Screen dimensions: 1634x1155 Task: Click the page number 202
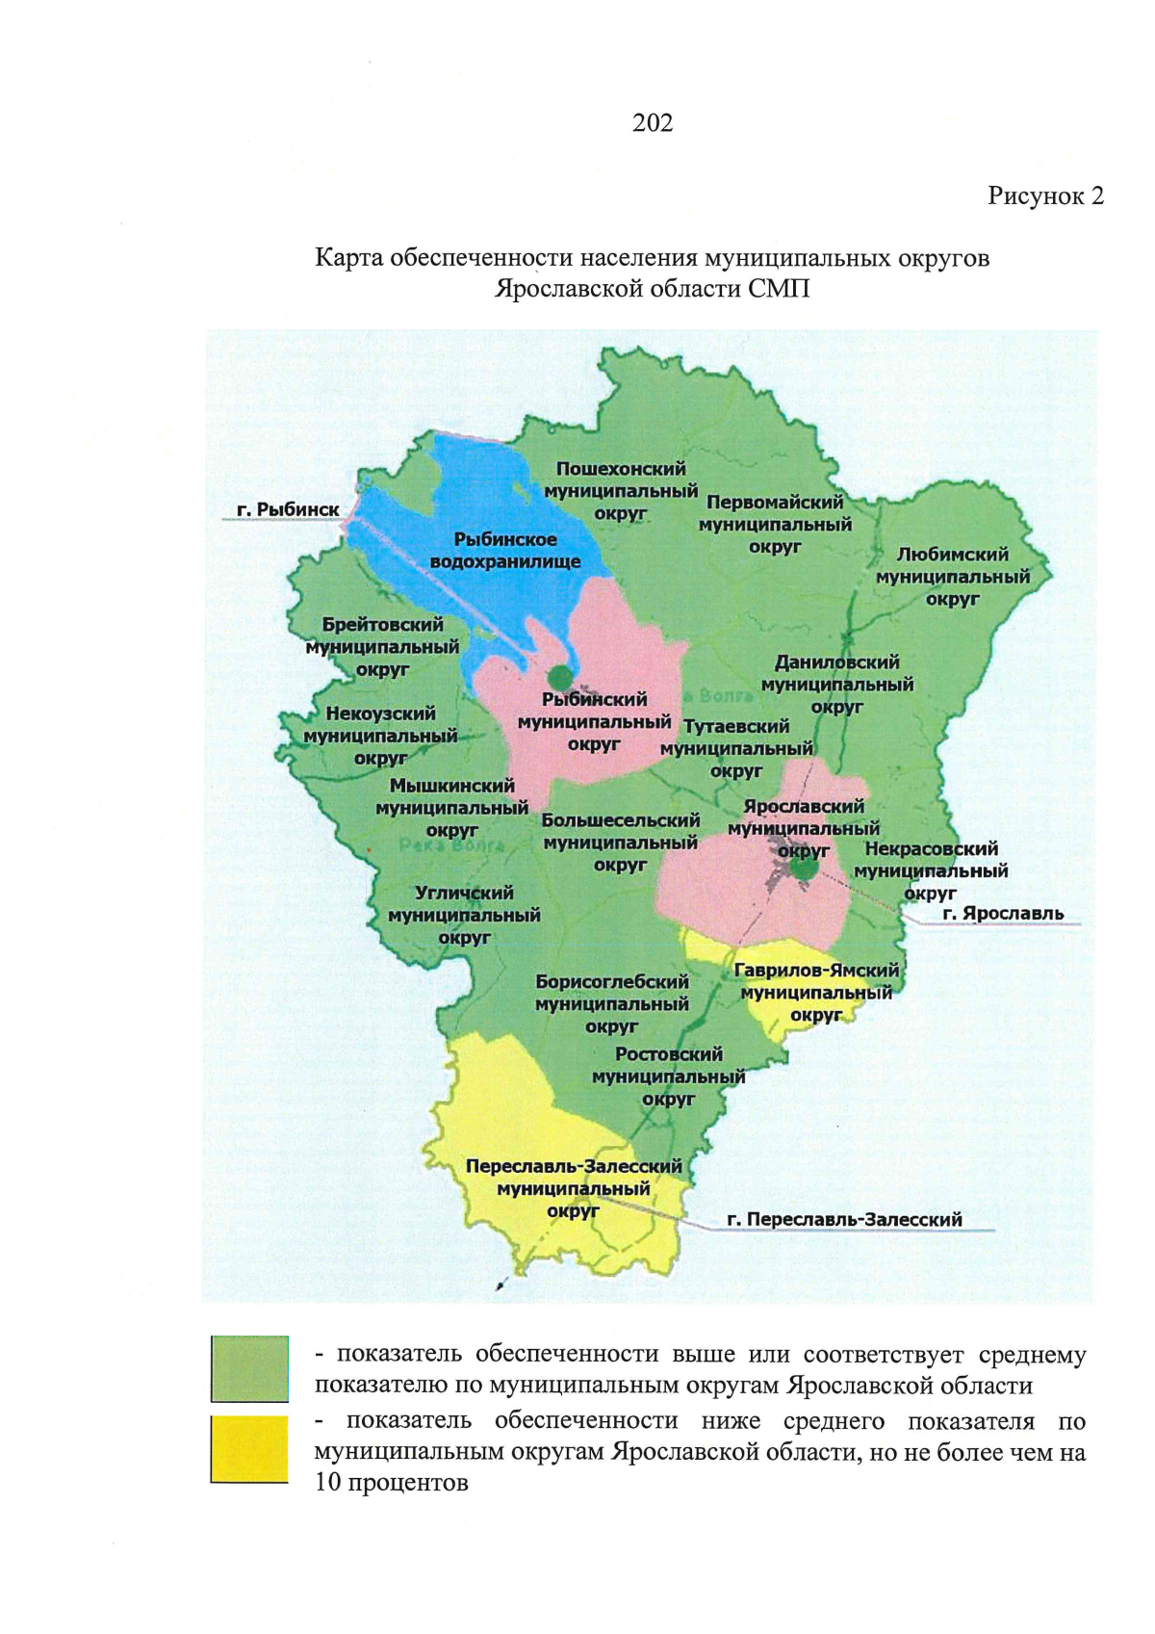coord(653,122)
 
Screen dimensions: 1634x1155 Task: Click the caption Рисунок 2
coord(1045,196)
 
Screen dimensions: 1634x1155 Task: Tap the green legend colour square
coord(249,1368)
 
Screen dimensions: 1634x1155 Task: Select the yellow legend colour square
coord(249,1448)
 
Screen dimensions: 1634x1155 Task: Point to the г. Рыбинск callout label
coord(288,509)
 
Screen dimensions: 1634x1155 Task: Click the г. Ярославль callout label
coord(1003,913)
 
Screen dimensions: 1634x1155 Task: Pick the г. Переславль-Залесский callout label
coord(844,1219)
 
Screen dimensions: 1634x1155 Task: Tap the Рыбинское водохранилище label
coord(505,551)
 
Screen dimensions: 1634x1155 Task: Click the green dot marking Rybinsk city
coord(559,678)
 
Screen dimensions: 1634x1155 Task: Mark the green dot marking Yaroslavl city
coord(804,869)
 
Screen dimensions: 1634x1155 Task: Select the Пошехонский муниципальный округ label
coord(621,491)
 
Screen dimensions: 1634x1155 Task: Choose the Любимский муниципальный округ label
coord(953,577)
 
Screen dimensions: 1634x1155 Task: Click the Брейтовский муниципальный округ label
coord(382,647)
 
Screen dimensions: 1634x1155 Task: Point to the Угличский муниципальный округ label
coord(464,915)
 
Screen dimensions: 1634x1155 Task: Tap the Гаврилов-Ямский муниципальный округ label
coord(816,992)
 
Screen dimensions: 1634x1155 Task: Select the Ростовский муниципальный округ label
coord(669,1076)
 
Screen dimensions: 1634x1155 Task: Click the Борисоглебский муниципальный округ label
coord(612,1003)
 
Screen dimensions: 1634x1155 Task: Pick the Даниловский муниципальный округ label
coord(837,685)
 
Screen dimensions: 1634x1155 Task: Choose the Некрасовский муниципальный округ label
coord(931,870)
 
